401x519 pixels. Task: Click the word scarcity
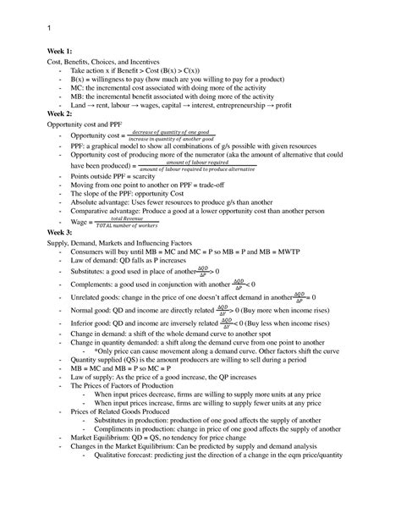click(141, 176)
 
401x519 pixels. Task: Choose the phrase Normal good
click(92, 312)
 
